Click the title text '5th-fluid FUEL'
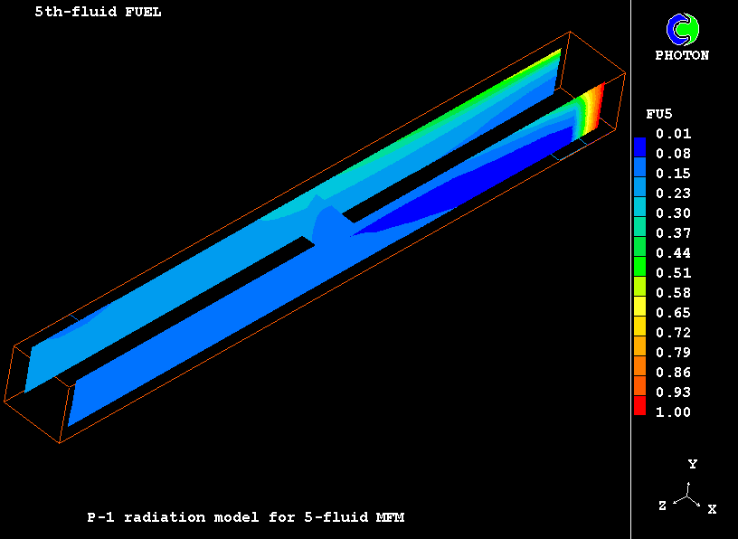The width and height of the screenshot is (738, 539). (98, 12)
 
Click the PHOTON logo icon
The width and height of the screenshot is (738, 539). (683, 30)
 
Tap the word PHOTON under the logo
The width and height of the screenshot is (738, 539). (682, 55)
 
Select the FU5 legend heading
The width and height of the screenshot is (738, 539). (659, 114)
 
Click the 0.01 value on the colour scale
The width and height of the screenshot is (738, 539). (674, 134)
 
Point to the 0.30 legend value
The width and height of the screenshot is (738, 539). (674, 213)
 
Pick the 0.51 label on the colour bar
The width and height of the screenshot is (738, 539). (674, 273)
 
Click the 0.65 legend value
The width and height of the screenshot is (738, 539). (674, 313)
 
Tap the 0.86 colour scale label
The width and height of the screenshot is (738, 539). (674, 373)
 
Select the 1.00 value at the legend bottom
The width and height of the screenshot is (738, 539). (674, 412)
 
